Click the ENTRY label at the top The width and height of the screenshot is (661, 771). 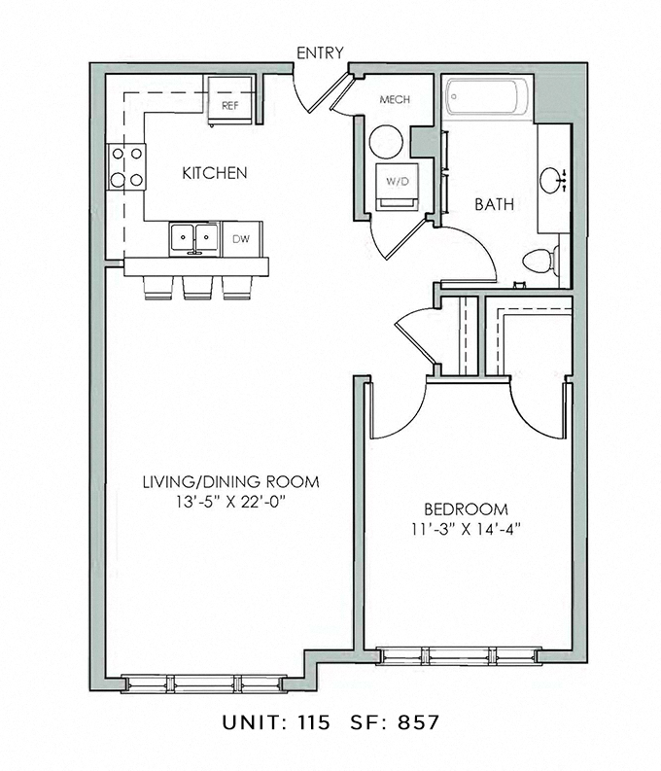tap(320, 53)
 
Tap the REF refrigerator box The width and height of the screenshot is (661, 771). tap(231, 105)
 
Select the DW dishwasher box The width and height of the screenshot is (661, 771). tap(240, 237)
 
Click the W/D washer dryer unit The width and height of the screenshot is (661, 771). tap(399, 183)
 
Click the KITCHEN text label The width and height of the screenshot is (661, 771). tap(215, 173)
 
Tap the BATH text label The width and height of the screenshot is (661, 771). tap(494, 205)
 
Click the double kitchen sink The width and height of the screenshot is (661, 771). tap(195, 236)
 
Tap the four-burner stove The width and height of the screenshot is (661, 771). tap(126, 165)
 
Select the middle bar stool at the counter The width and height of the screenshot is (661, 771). tap(197, 287)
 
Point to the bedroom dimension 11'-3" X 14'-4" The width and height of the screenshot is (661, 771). tap(466, 529)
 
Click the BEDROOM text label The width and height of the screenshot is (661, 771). tap(466, 509)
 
